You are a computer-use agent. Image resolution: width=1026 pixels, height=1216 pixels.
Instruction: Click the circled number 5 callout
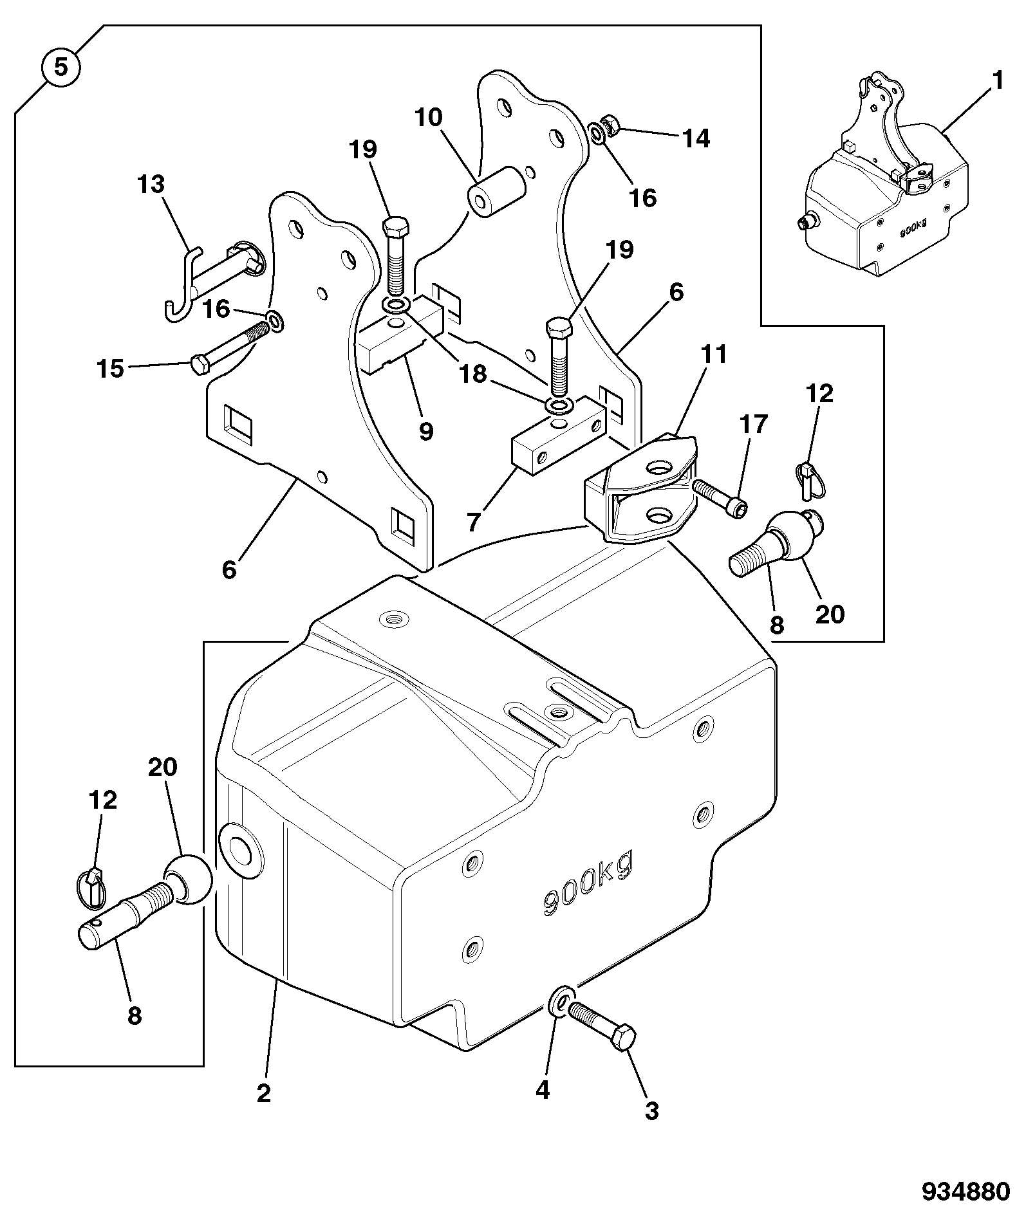pos(61,67)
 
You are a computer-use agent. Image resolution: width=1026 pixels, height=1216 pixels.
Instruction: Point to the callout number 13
pos(151,185)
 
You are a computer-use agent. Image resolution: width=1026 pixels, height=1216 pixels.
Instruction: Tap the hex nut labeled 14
pos(609,124)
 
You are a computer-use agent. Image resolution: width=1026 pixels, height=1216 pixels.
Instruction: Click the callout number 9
pos(425,430)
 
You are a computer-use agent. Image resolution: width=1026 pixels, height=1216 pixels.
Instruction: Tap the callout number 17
pos(754,423)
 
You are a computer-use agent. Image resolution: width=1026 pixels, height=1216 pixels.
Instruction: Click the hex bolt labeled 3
pos(604,1026)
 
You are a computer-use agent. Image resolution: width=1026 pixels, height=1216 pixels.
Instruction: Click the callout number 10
pos(429,117)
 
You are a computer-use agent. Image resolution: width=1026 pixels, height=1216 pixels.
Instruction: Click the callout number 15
pos(110,369)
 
